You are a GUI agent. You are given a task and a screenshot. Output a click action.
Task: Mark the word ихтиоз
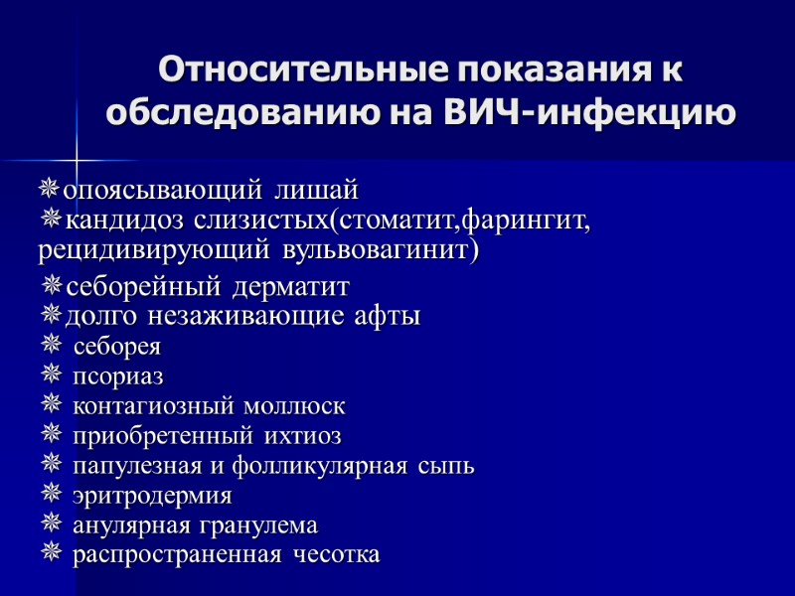(303, 436)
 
